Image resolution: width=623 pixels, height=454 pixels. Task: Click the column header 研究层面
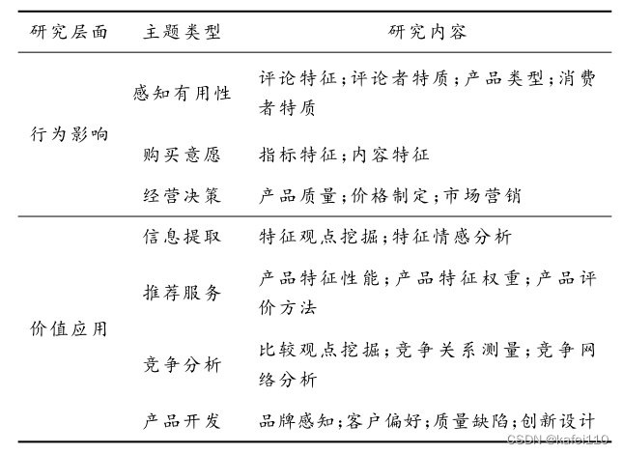coord(70,31)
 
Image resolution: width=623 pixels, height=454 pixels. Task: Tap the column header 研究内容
coord(428,31)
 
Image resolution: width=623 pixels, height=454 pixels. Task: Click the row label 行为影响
coord(70,134)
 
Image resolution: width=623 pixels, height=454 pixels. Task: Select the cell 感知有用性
coord(183,93)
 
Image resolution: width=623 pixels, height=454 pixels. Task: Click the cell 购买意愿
coord(183,154)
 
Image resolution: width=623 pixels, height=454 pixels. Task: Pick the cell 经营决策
coord(183,195)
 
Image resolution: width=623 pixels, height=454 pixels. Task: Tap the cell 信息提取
coord(183,237)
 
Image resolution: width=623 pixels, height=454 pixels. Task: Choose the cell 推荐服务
coord(183,292)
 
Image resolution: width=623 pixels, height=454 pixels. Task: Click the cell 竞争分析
coord(183,364)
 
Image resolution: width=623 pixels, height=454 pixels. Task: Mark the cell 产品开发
coord(183,421)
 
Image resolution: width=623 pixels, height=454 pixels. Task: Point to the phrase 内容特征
coord(390,154)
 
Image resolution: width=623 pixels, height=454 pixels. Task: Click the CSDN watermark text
coord(557,440)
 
